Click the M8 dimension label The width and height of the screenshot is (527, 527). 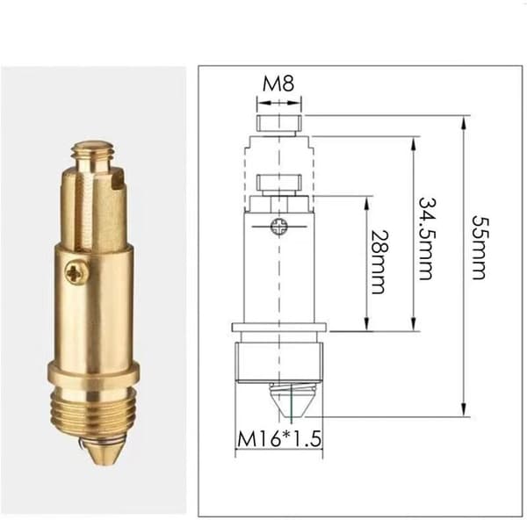(x=278, y=83)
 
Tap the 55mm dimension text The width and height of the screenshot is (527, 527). (x=479, y=248)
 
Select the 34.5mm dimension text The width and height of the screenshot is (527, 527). (x=427, y=239)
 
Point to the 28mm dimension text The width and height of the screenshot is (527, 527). (x=379, y=262)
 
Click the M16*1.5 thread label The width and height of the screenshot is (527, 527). (x=279, y=438)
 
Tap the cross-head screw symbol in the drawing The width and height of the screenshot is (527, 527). (x=279, y=227)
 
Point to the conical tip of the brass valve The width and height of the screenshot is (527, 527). (x=102, y=452)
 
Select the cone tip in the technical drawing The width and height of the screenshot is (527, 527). (x=292, y=402)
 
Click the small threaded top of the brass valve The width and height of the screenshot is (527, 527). (x=95, y=154)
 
